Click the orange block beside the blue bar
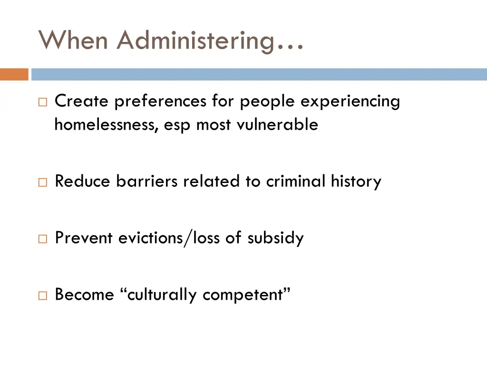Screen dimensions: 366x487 click(x=14, y=74)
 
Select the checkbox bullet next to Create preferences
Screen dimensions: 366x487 click(x=43, y=102)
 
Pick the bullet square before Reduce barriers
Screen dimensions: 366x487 click(x=43, y=182)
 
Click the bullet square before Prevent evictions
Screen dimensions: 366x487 click(x=43, y=238)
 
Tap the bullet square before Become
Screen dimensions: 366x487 click(x=43, y=295)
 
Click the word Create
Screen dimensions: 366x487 click(x=82, y=101)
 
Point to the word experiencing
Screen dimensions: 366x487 click(x=350, y=102)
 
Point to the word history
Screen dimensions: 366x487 click(x=356, y=182)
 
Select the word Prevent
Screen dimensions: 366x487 click(x=84, y=237)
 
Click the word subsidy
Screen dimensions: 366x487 click(x=275, y=238)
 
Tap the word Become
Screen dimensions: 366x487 click(x=84, y=295)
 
